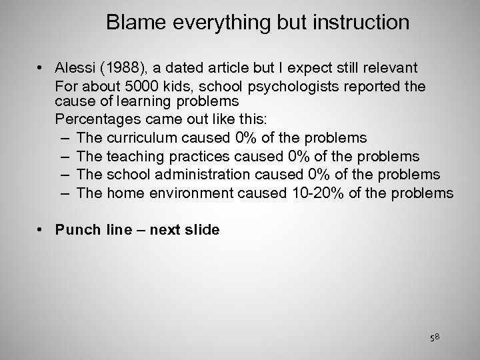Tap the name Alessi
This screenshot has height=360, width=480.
click(x=76, y=67)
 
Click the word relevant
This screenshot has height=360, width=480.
click(x=393, y=67)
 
